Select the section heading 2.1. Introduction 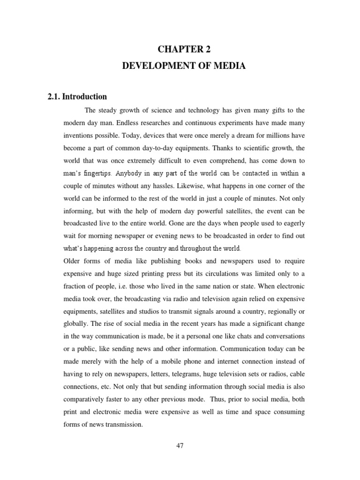(77, 97)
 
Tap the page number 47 (180, 446)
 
